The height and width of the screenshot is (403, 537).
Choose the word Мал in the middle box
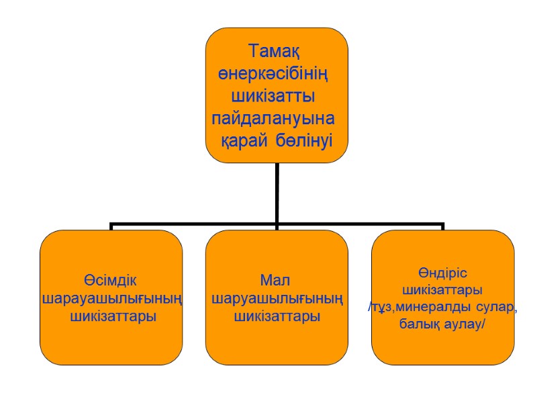click(x=277, y=280)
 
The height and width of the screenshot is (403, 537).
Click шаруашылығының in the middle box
click(x=277, y=298)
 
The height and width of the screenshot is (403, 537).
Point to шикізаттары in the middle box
click(x=277, y=316)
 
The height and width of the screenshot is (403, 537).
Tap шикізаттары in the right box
click(x=442, y=291)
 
